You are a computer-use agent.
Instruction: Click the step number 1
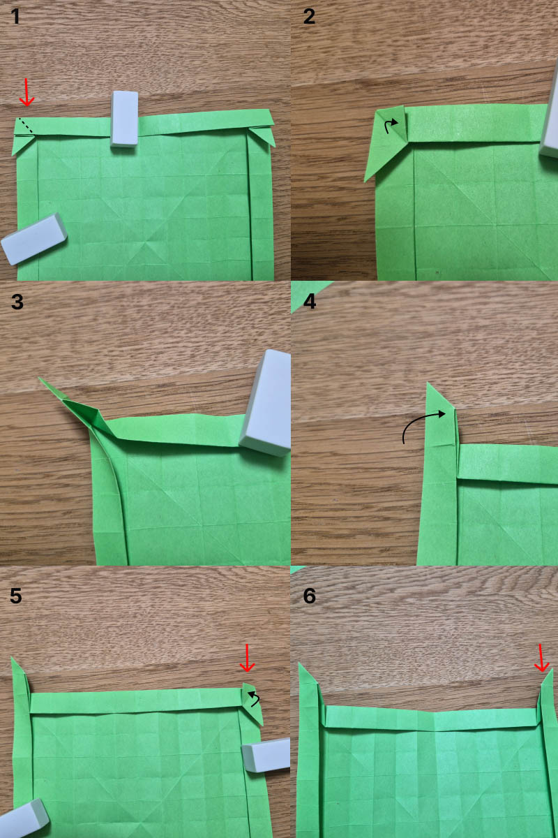tap(15, 17)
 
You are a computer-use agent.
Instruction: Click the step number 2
tap(309, 17)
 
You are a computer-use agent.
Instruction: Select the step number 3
tap(17, 302)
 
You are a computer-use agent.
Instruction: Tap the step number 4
tap(310, 302)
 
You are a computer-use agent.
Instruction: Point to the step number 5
tap(16, 596)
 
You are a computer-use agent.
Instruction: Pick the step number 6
tap(310, 596)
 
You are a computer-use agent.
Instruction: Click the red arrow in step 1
tap(27, 92)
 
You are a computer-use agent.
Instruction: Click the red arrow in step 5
tap(247, 658)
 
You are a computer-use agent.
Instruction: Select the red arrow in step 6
tap(541, 658)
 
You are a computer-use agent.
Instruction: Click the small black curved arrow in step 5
tap(256, 698)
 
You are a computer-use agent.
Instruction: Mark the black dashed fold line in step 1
tap(26, 126)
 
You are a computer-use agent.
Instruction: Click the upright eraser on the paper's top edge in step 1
tap(124, 119)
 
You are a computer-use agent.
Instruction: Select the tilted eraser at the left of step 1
tap(33, 239)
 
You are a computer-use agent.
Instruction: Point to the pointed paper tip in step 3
tap(39, 378)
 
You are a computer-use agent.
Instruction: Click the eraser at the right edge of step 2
tap(550, 116)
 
